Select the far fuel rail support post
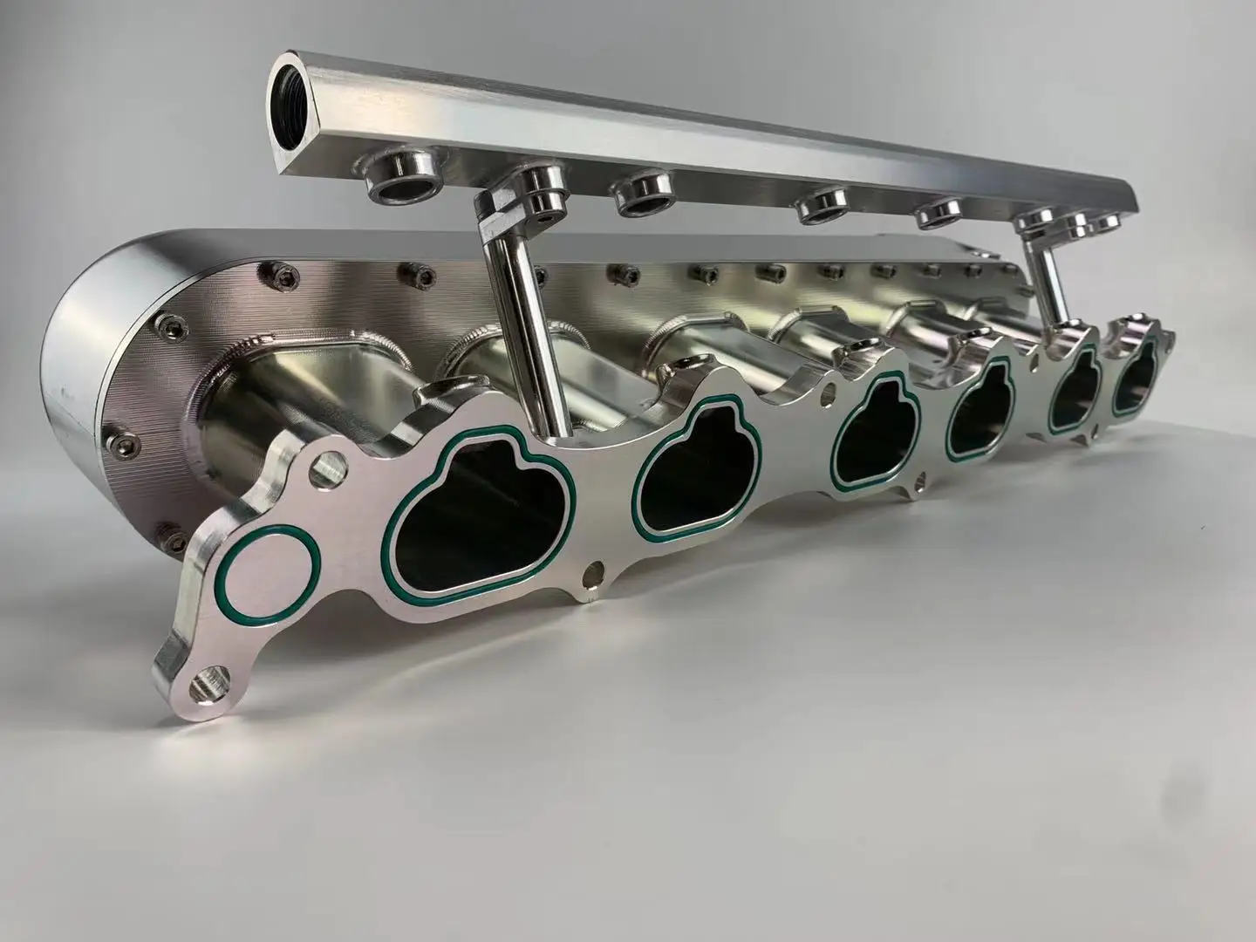[1050, 279]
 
